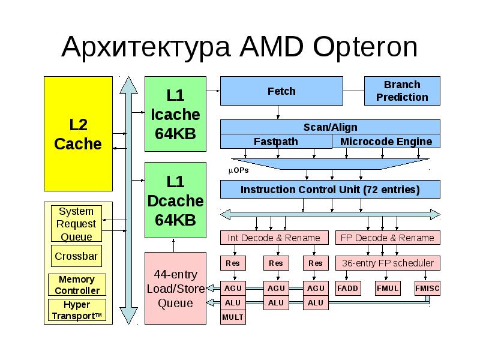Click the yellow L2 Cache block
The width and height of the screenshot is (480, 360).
78,134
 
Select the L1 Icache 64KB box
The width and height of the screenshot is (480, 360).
175,114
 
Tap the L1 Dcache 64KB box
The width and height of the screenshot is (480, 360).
175,200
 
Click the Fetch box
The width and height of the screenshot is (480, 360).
281,91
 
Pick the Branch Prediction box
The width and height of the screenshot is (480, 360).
402,91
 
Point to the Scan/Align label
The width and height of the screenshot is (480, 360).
330,127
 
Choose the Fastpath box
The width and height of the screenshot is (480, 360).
276,142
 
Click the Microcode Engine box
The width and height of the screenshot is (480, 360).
386,142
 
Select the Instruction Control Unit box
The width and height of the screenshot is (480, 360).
330,190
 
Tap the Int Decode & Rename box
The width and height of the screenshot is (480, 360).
274,238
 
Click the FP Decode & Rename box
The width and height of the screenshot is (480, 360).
387,238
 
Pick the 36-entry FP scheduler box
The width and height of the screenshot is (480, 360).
387,263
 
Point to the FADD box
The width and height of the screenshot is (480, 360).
347,289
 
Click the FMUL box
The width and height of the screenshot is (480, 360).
388,289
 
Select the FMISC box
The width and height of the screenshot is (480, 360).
427,289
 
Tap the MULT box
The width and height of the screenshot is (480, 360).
233,317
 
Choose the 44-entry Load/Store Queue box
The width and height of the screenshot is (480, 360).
175,289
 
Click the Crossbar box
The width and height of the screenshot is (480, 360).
76,256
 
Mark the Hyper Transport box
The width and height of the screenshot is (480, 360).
77,310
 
